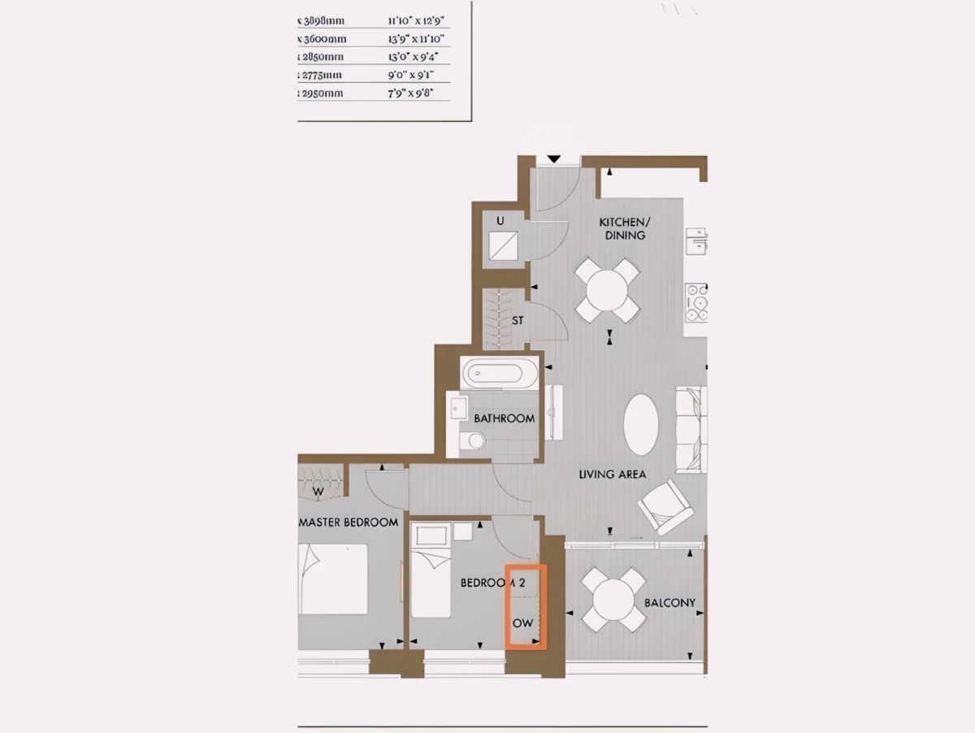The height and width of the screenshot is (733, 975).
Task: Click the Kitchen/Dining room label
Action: (624, 228)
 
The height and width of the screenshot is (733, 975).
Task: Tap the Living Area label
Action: (613, 474)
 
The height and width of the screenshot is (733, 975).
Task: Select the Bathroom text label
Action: (505, 419)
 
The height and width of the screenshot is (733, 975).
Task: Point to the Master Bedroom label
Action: (349, 522)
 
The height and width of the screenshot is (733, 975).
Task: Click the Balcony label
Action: (669, 603)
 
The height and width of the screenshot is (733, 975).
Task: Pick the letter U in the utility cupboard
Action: (500, 220)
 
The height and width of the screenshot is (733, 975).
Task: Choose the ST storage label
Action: (518, 320)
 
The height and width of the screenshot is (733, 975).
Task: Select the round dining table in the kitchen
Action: (607, 289)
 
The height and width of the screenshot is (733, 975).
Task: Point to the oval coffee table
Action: (642, 425)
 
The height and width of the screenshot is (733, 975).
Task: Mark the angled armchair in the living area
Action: (666, 506)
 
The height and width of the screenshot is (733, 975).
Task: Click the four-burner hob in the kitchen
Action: (696, 301)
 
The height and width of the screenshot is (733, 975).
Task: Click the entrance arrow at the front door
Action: (554, 158)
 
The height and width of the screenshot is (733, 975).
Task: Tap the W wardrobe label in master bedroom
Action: (318, 491)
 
